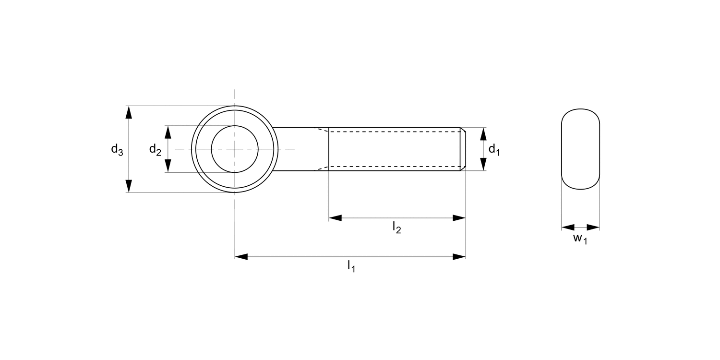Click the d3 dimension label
[x=117, y=150]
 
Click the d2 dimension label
[x=155, y=150]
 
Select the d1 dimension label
[x=494, y=150]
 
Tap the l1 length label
[x=351, y=267]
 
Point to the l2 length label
[x=396, y=228]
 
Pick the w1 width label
[x=580, y=239]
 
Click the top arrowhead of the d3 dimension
[x=129, y=112]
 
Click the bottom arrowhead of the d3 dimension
[x=129, y=186]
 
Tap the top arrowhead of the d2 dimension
[x=168, y=132]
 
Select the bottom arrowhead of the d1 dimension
[x=483, y=165]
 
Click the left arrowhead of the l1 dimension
[x=241, y=257]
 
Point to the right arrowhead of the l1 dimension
[x=459, y=257]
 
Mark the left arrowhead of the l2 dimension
[x=335, y=218]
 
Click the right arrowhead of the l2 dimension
[x=459, y=218]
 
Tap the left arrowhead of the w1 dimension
[x=568, y=227]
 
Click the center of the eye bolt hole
[x=235, y=149]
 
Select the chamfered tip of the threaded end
[x=463, y=149]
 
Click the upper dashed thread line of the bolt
[x=394, y=132]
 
